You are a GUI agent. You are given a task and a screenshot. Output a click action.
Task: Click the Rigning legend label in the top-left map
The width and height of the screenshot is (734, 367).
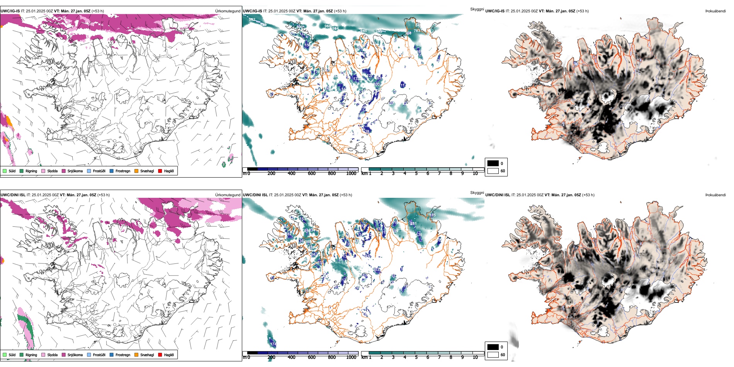coord(31,171)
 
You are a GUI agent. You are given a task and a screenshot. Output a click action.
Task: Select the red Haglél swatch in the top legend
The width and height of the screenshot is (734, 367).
coord(160,171)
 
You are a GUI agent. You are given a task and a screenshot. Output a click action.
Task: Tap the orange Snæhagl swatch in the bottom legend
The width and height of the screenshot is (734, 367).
coord(136,355)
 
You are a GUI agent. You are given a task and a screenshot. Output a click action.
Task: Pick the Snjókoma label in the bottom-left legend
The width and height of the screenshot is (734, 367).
coord(75,355)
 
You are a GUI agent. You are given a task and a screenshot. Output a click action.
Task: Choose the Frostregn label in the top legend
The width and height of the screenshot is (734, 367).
coord(123,171)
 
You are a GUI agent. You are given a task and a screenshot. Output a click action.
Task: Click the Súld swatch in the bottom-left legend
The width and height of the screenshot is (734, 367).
coord(5,355)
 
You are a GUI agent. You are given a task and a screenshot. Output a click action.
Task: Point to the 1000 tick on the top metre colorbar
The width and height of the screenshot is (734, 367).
coord(351,173)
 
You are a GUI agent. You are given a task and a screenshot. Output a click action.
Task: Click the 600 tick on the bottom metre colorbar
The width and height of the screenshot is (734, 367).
coord(312,357)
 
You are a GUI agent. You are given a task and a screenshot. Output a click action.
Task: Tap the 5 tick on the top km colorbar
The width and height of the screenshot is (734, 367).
coord(416,173)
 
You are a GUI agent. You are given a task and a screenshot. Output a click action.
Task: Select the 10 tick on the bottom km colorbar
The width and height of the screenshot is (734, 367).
coord(475,357)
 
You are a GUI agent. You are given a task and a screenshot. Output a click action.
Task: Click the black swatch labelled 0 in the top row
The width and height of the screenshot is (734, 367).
coord(493,163)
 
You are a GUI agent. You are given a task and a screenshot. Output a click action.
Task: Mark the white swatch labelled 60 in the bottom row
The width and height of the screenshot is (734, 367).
coord(493,355)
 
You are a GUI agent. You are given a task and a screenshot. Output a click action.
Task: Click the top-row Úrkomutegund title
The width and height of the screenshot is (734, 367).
coord(228,11)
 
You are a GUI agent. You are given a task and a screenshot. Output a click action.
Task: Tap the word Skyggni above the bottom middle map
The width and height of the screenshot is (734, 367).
coord(477,192)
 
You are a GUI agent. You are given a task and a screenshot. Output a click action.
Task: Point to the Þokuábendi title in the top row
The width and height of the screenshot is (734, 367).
coord(715,11)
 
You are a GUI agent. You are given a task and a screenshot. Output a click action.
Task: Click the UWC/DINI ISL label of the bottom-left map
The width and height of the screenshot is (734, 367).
coord(13,195)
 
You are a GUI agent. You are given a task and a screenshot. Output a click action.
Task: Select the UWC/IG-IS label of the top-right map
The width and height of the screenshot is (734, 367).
coord(495,11)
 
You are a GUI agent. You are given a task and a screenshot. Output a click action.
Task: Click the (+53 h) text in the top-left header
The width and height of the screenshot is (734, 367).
coord(97,11)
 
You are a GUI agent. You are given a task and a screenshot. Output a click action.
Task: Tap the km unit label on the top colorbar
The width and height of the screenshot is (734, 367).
coord(364,173)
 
